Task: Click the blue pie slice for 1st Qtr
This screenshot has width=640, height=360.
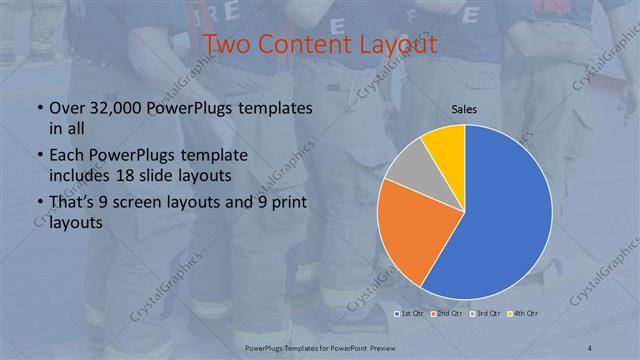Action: [x=500, y=215]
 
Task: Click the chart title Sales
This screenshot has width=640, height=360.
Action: [x=464, y=108]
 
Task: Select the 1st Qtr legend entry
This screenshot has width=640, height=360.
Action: [x=410, y=315]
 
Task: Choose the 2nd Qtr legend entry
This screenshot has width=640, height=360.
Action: [x=446, y=315]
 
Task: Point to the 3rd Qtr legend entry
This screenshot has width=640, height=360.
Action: [x=483, y=315]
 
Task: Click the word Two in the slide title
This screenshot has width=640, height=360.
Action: [x=229, y=45]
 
